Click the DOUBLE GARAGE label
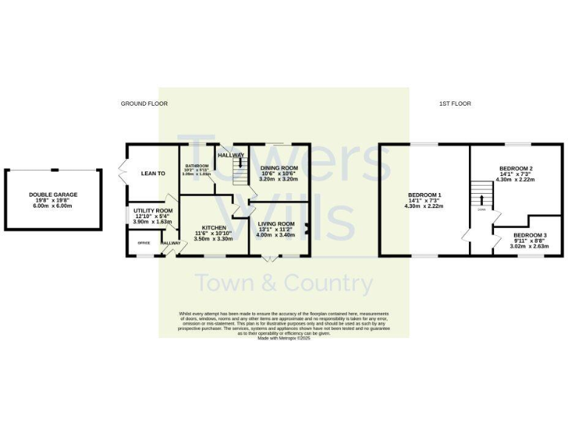(53, 195)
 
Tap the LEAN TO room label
(153, 173)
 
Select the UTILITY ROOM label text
(152, 211)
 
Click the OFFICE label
(143, 243)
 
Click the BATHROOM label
(197, 166)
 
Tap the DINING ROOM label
(280, 168)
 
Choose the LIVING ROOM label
(276, 224)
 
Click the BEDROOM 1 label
(425, 195)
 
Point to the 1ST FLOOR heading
(456, 104)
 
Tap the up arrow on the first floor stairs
(481, 200)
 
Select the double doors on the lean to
(121, 172)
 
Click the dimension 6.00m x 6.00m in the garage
(53, 206)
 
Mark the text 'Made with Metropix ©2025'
(284, 338)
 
